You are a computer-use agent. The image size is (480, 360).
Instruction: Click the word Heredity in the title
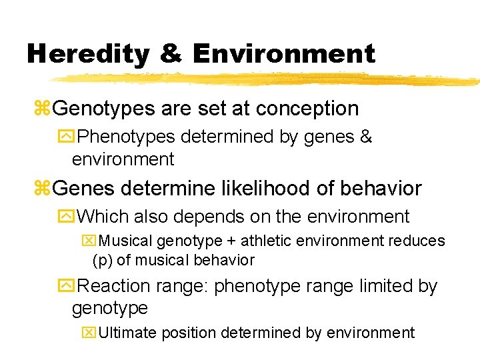pyautogui.click(x=87, y=53)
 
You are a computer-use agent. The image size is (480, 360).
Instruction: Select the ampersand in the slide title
pyautogui.click(x=171, y=53)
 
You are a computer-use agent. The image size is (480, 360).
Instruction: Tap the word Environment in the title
pyautogui.click(x=283, y=53)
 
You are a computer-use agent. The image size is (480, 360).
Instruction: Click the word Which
pyautogui.click(x=105, y=217)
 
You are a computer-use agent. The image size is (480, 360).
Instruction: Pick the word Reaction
pyautogui.click(x=114, y=286)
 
